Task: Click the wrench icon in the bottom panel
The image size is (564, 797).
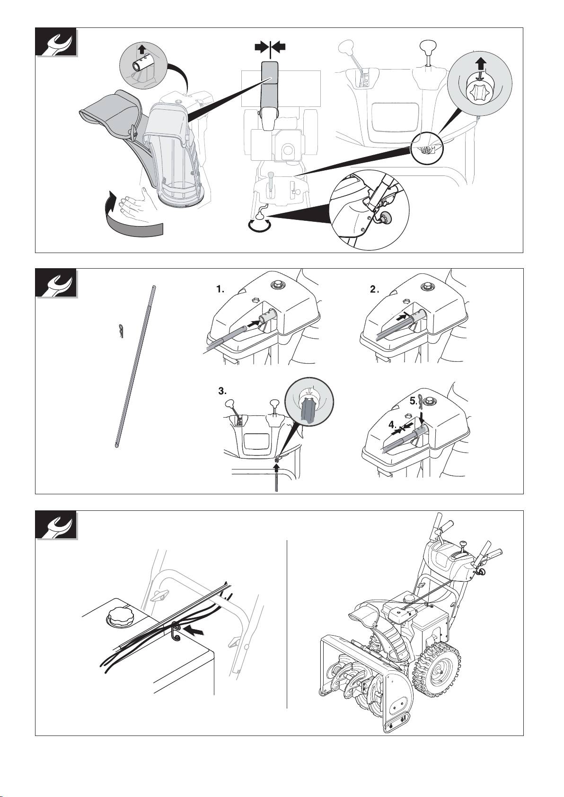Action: pos(56,525)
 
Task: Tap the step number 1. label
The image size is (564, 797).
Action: pos(220,289)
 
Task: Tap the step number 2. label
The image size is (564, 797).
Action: pos(373,289)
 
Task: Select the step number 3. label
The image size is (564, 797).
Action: pos(222,392)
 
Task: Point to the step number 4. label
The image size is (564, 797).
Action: pos(393,425)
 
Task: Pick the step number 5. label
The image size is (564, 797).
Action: pos(414,402)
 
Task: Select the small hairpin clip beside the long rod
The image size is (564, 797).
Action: pos(121,332)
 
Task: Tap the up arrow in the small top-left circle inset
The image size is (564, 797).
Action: pos(142,49)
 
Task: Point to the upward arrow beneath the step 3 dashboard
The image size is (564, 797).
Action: pos(276,464)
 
